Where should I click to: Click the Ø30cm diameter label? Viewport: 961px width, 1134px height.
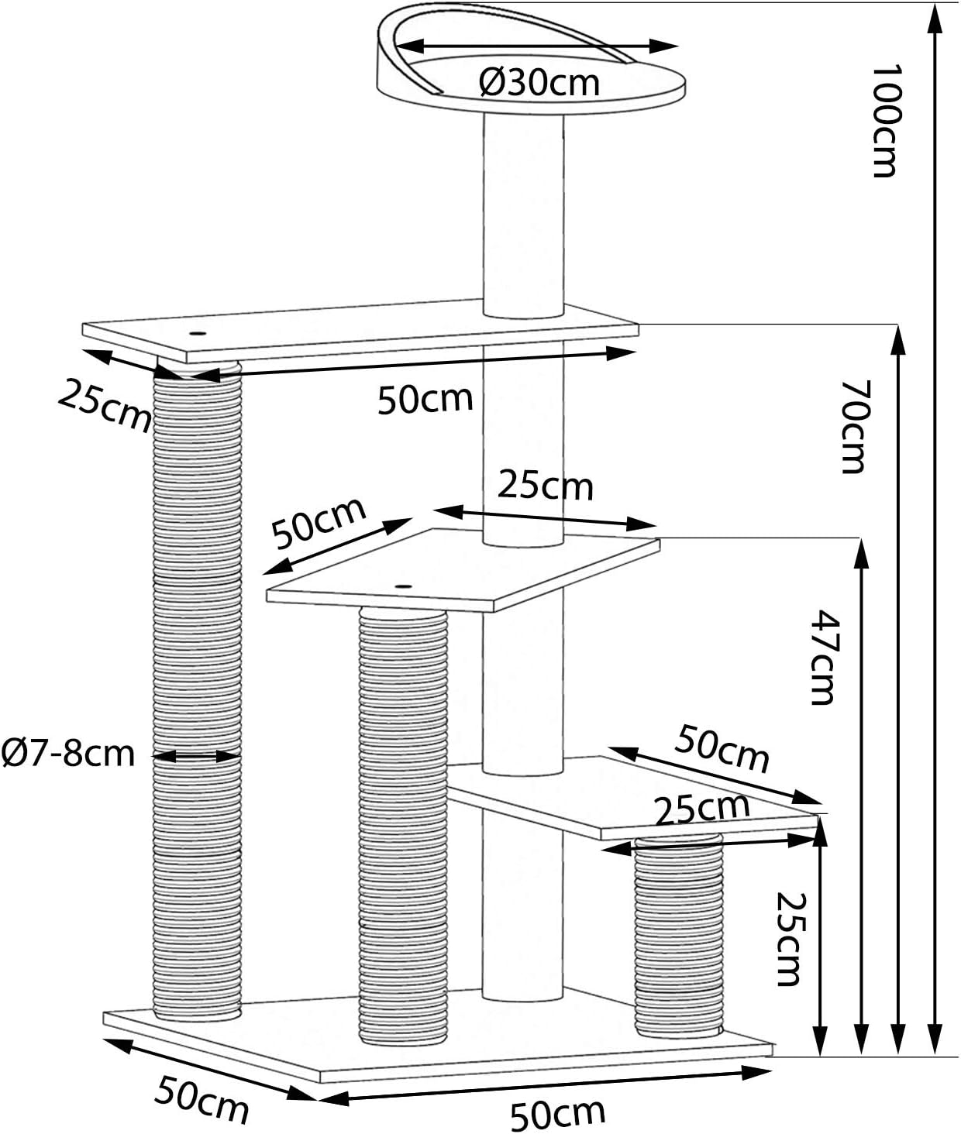(539, 83)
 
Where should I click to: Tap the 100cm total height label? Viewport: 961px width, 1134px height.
(886, 121)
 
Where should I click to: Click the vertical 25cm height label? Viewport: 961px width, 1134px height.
(790, 939)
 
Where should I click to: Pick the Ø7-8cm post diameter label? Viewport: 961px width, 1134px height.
(68, 753)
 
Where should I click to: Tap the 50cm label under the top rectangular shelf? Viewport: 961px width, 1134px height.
(425, 399)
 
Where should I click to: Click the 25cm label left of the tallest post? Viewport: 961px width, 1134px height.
(105, 405)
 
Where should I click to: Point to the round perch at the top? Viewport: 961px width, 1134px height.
(530, 60)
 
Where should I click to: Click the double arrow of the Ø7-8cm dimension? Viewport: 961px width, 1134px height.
(196, 757)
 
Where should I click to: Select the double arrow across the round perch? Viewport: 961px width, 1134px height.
(537, 46)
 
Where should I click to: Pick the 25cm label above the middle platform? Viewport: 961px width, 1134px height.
(545, 486)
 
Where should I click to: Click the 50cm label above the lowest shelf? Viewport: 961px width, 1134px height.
(722, 748)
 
